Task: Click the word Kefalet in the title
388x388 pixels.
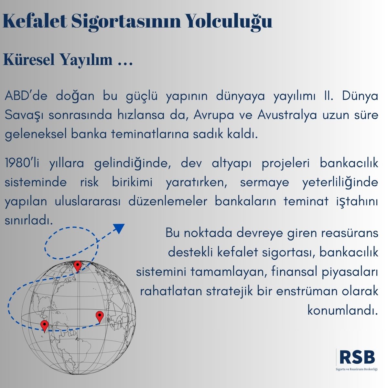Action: [x=35, y=21]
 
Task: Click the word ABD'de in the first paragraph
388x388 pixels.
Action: [x=26, y=96]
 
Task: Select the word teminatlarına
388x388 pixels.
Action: [x=150, y=134]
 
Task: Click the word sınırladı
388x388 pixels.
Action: [x=28, y=221]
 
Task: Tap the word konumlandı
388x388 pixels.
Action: [x=342, y=311]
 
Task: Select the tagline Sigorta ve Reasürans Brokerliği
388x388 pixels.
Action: [x=356, y=369]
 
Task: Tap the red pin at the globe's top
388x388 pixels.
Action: [x=78, y=266]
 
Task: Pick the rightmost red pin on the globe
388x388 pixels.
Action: [x=100, y=317]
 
